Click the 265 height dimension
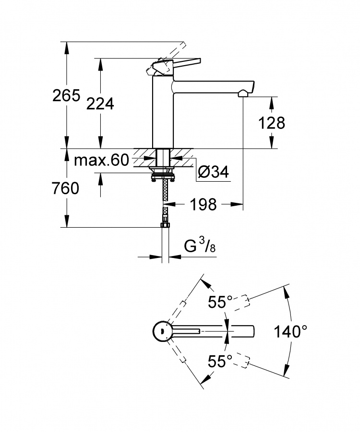point(66,95)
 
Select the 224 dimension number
point(100,104)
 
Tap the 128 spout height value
point(272,123)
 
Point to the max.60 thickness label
point(101,160)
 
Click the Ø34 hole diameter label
point(214,173)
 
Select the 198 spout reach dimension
point(204,204)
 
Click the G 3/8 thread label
point(200,246)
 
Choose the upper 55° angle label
point(220,302)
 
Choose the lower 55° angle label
point(220,361)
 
